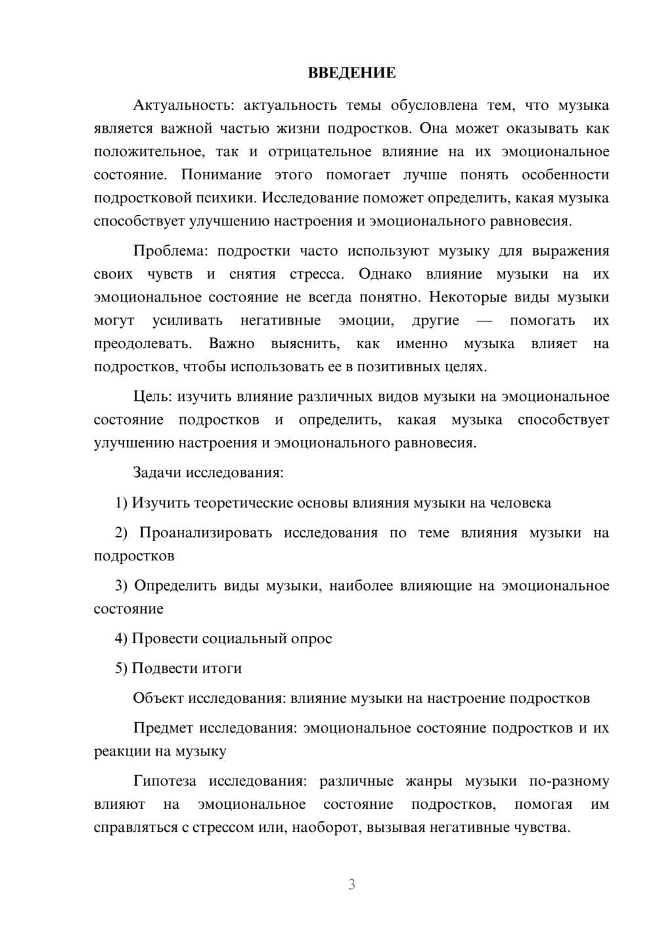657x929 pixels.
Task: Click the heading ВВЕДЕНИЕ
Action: pos(351,73)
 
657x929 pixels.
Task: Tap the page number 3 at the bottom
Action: pos(351,884)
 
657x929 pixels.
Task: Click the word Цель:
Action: pos(152,396)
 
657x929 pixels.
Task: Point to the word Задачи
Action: pos(158,472)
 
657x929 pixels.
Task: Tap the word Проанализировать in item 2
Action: pos(206,533)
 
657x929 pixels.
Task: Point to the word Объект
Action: pos(158,698)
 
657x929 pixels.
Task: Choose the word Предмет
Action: pos(164,728)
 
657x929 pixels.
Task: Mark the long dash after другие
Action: pos(484,321)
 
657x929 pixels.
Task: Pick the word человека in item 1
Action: pos(520,503)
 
